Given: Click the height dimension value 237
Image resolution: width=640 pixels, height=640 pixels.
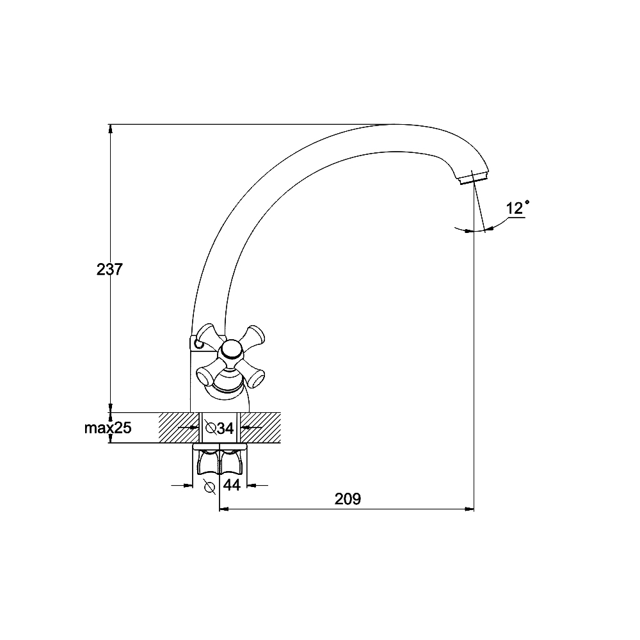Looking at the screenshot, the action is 109,269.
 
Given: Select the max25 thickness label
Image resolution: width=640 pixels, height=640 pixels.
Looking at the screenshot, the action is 108,428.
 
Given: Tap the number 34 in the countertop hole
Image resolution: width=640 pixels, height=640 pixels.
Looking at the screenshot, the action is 225,428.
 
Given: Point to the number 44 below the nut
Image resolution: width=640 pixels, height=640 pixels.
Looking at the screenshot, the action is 232,485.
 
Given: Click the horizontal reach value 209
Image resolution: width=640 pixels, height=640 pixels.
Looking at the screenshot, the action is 348,499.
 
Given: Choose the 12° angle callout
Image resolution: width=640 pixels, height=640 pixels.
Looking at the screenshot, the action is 518,208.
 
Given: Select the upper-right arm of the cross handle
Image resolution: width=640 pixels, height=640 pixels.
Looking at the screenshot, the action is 252,336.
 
